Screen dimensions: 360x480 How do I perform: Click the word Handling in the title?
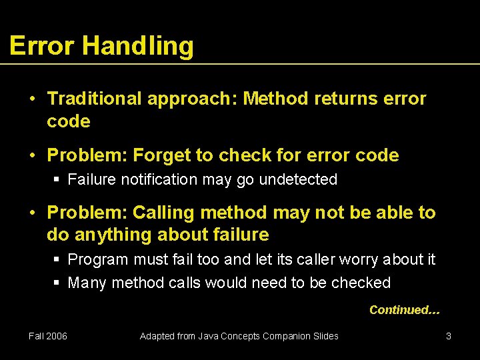(138, 46)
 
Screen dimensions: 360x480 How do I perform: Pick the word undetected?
(298, 179)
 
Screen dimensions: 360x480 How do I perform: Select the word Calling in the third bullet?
(164, 213)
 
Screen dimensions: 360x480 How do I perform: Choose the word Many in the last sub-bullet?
(87, 283)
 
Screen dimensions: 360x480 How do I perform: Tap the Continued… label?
(404, 310)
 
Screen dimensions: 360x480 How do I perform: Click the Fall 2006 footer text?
(48, 336)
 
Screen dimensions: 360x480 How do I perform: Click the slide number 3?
(449, 336)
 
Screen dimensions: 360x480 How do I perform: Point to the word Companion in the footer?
(289, 336)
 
